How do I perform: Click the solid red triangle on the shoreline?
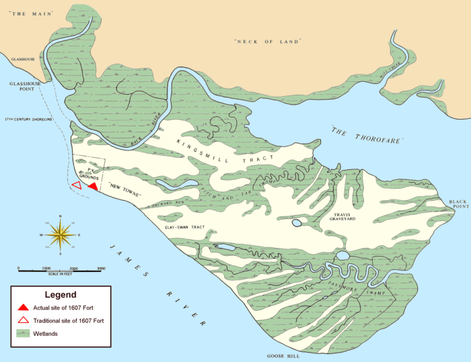[x=93, y=186]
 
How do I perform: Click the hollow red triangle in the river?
[x=77, y=185]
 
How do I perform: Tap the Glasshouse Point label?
[x=21, y=87]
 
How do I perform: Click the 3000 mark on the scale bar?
[x=100, y=269]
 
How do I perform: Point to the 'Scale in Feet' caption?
[x=60, y=274]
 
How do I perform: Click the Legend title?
[x=60, y=294]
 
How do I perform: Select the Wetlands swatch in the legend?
[x=23, y=333]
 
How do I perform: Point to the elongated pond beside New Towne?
[x=176, y=183]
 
